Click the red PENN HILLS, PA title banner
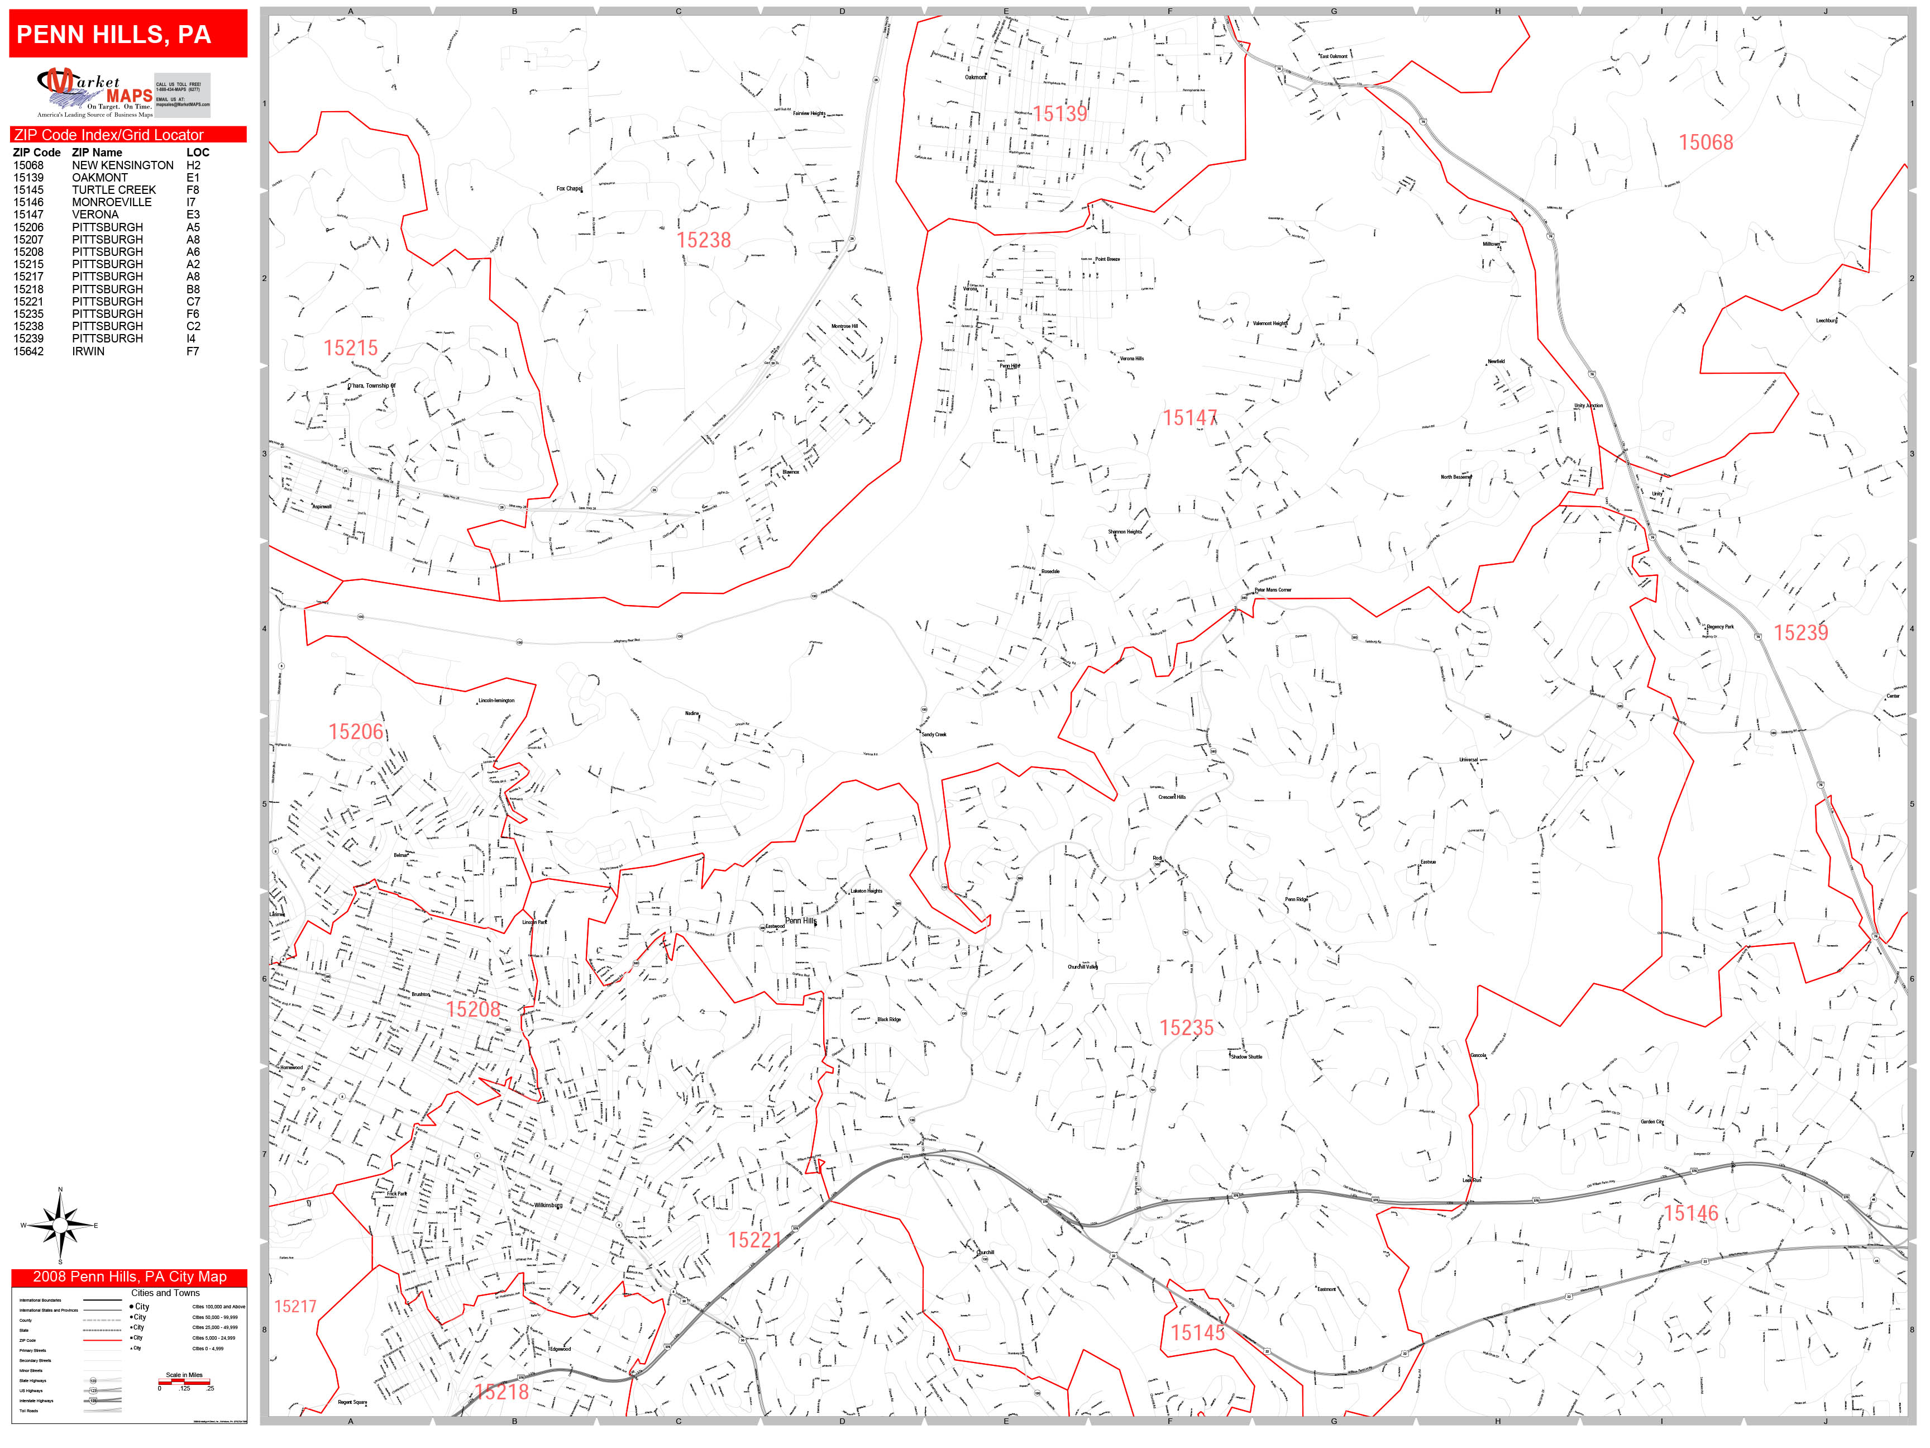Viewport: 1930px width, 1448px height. point(128,34)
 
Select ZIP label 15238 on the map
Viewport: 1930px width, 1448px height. point(703,240)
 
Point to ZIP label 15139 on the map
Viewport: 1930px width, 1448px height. point(1059,113)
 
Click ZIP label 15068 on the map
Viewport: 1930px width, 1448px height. point(1705,142)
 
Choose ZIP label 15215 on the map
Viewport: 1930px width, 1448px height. point(351,348)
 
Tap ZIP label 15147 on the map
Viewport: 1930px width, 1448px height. point(1189,418)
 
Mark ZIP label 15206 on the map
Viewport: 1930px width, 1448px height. point(355,731)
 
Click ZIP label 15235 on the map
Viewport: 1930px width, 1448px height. point(1186,1027)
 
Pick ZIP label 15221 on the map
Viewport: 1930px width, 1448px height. point(754,1240)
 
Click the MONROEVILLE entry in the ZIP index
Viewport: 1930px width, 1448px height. point(112,202)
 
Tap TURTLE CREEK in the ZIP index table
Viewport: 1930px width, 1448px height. point(113,189)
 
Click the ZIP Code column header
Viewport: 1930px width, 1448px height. point(37,153)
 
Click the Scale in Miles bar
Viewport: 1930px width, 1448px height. point(184,1382)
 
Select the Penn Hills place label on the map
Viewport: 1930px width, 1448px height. point(800,921)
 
